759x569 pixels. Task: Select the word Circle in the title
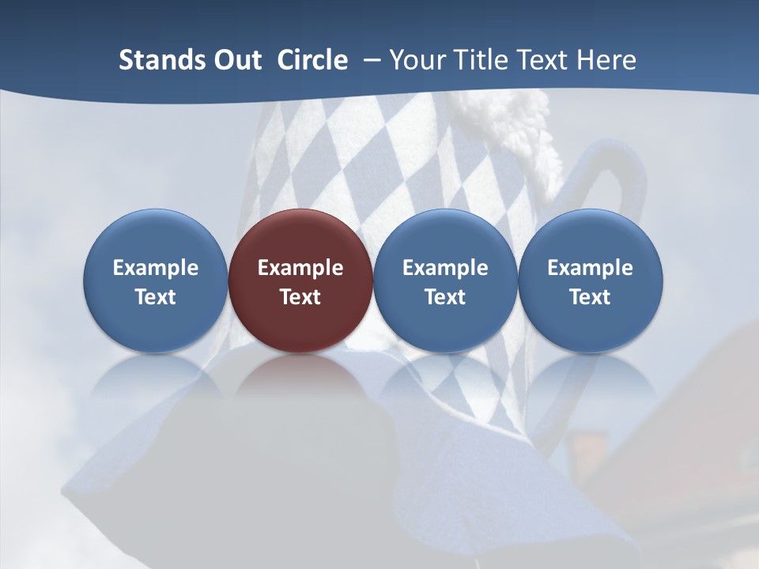[x=312, y=60]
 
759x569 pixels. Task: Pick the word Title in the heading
[x=481, y=60]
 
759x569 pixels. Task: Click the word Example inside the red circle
[x=300, y=268]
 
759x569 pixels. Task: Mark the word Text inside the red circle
[x=300, y=297]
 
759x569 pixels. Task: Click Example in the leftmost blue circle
[x=155, y=268]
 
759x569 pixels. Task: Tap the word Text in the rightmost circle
[x=590, y=297]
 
